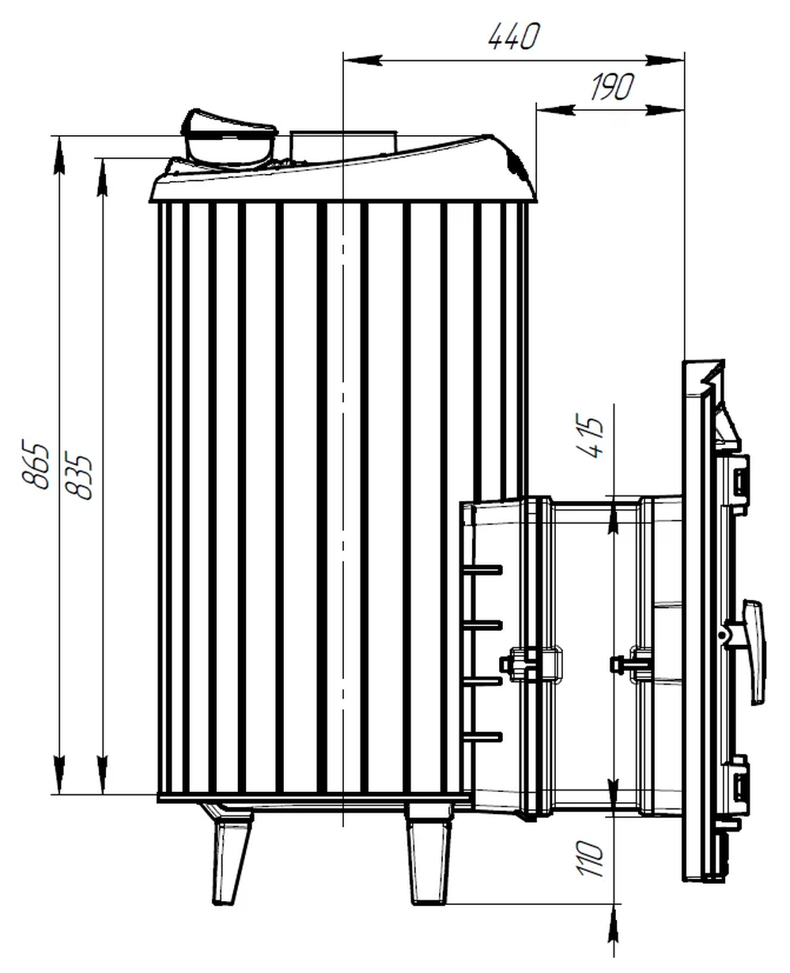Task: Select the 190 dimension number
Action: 612,86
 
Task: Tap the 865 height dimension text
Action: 36,465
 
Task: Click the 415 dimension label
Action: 590,436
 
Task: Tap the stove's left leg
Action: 231,854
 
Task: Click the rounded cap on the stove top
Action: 229,138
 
